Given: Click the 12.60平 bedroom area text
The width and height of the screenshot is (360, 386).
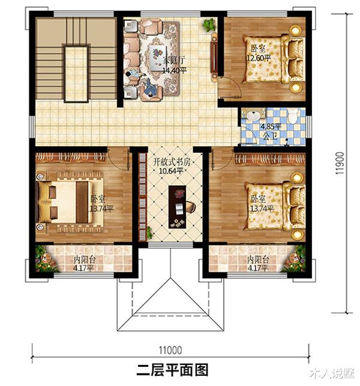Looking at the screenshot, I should (259, 58).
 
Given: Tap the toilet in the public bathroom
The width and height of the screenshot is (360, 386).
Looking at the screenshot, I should (293, 116).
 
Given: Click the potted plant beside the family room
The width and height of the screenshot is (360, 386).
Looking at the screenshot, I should (208, 26).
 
